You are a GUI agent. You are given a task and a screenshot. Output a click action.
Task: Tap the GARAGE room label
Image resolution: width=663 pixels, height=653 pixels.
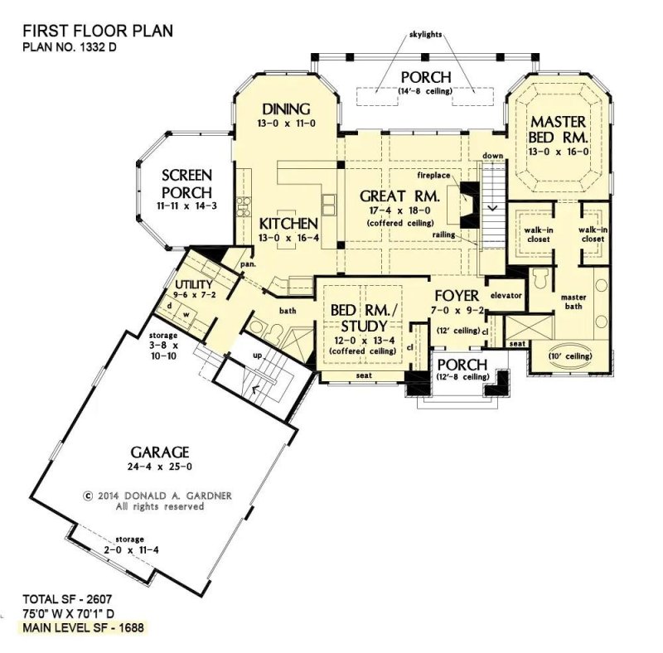pyautogui.click(x=160, y=452)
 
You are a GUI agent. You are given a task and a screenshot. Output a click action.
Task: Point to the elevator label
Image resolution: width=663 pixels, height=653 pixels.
pyautogui.click(x=505, y=296)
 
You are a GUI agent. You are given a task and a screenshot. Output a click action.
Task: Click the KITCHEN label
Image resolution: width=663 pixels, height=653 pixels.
pyautogui.click(x=288, y=225)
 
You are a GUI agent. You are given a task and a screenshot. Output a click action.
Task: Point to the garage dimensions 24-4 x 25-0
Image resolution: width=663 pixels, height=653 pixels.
pyautogui.click(x=159, y=468)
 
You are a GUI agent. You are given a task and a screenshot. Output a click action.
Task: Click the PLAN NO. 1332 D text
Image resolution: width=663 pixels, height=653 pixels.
pyautogui.click(x=70, y=48)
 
